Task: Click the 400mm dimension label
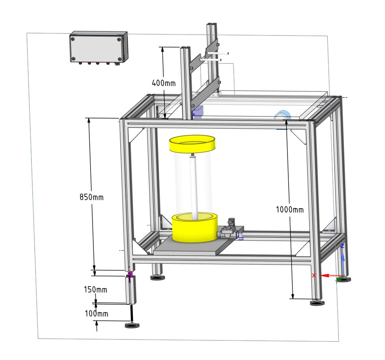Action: coord(164,83)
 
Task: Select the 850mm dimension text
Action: coord(92,197)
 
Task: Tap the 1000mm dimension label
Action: coord(290,209)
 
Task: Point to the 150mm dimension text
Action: coord(95,289)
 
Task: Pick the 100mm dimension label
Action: coord(97,313)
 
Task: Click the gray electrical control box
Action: coord(99,48)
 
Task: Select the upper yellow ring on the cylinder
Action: coord(192,144)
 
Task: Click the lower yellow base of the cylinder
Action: coord(195,228)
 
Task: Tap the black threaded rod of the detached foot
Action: coord(132,314)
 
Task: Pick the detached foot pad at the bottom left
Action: coord(132,326)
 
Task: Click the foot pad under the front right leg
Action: coord(317,303)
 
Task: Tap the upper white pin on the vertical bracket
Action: coord(218,53)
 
